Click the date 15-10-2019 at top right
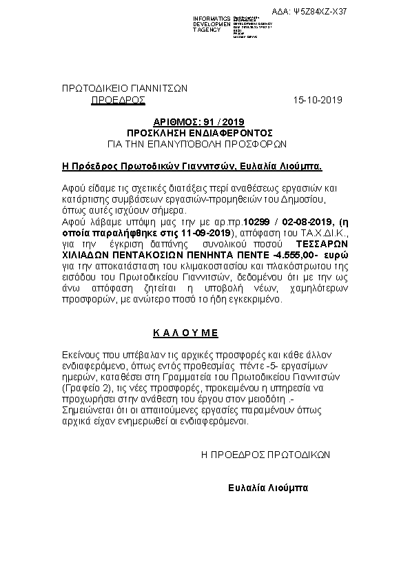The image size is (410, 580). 318,100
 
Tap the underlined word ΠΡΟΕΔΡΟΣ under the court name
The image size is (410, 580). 119,100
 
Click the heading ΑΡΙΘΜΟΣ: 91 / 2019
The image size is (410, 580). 201,121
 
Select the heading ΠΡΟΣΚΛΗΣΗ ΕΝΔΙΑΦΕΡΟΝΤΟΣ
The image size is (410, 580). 201,132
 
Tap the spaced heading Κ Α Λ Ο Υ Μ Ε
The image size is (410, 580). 185,332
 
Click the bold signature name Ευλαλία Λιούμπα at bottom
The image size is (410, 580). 268,488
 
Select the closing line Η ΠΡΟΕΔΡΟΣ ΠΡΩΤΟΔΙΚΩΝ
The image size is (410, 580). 266,455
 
